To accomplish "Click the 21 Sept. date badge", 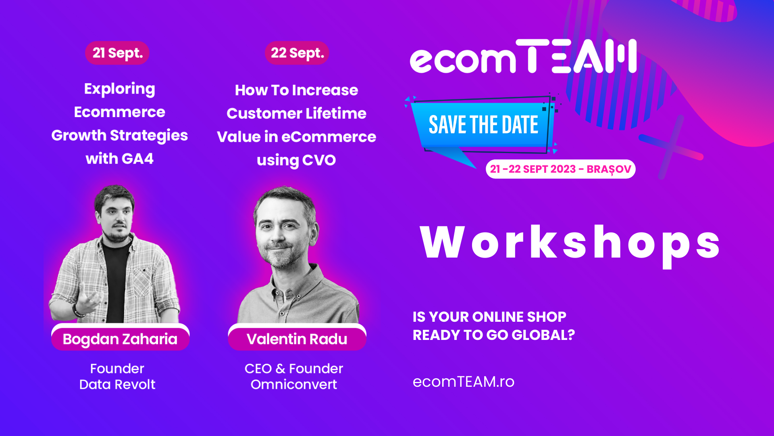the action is tap(117, 53).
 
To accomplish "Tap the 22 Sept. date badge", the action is tap(297, 53).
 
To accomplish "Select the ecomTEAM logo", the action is tap(523, 57).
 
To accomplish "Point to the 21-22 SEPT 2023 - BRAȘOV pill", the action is tap(561, 169).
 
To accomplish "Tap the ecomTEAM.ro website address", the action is tap(464, 381).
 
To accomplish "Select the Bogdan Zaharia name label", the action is tap(120, 338).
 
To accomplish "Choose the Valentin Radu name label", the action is tap(297, 338).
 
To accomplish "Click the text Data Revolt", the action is tap(117, 384).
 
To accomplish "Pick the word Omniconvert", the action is tap(294, 384).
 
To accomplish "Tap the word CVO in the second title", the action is tap(319, 160).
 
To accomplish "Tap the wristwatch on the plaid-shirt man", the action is tap(77, 311).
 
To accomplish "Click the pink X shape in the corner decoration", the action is tap(671, 147).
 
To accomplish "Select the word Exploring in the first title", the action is tap(120, 89).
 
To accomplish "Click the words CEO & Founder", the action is tap(294, 369).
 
